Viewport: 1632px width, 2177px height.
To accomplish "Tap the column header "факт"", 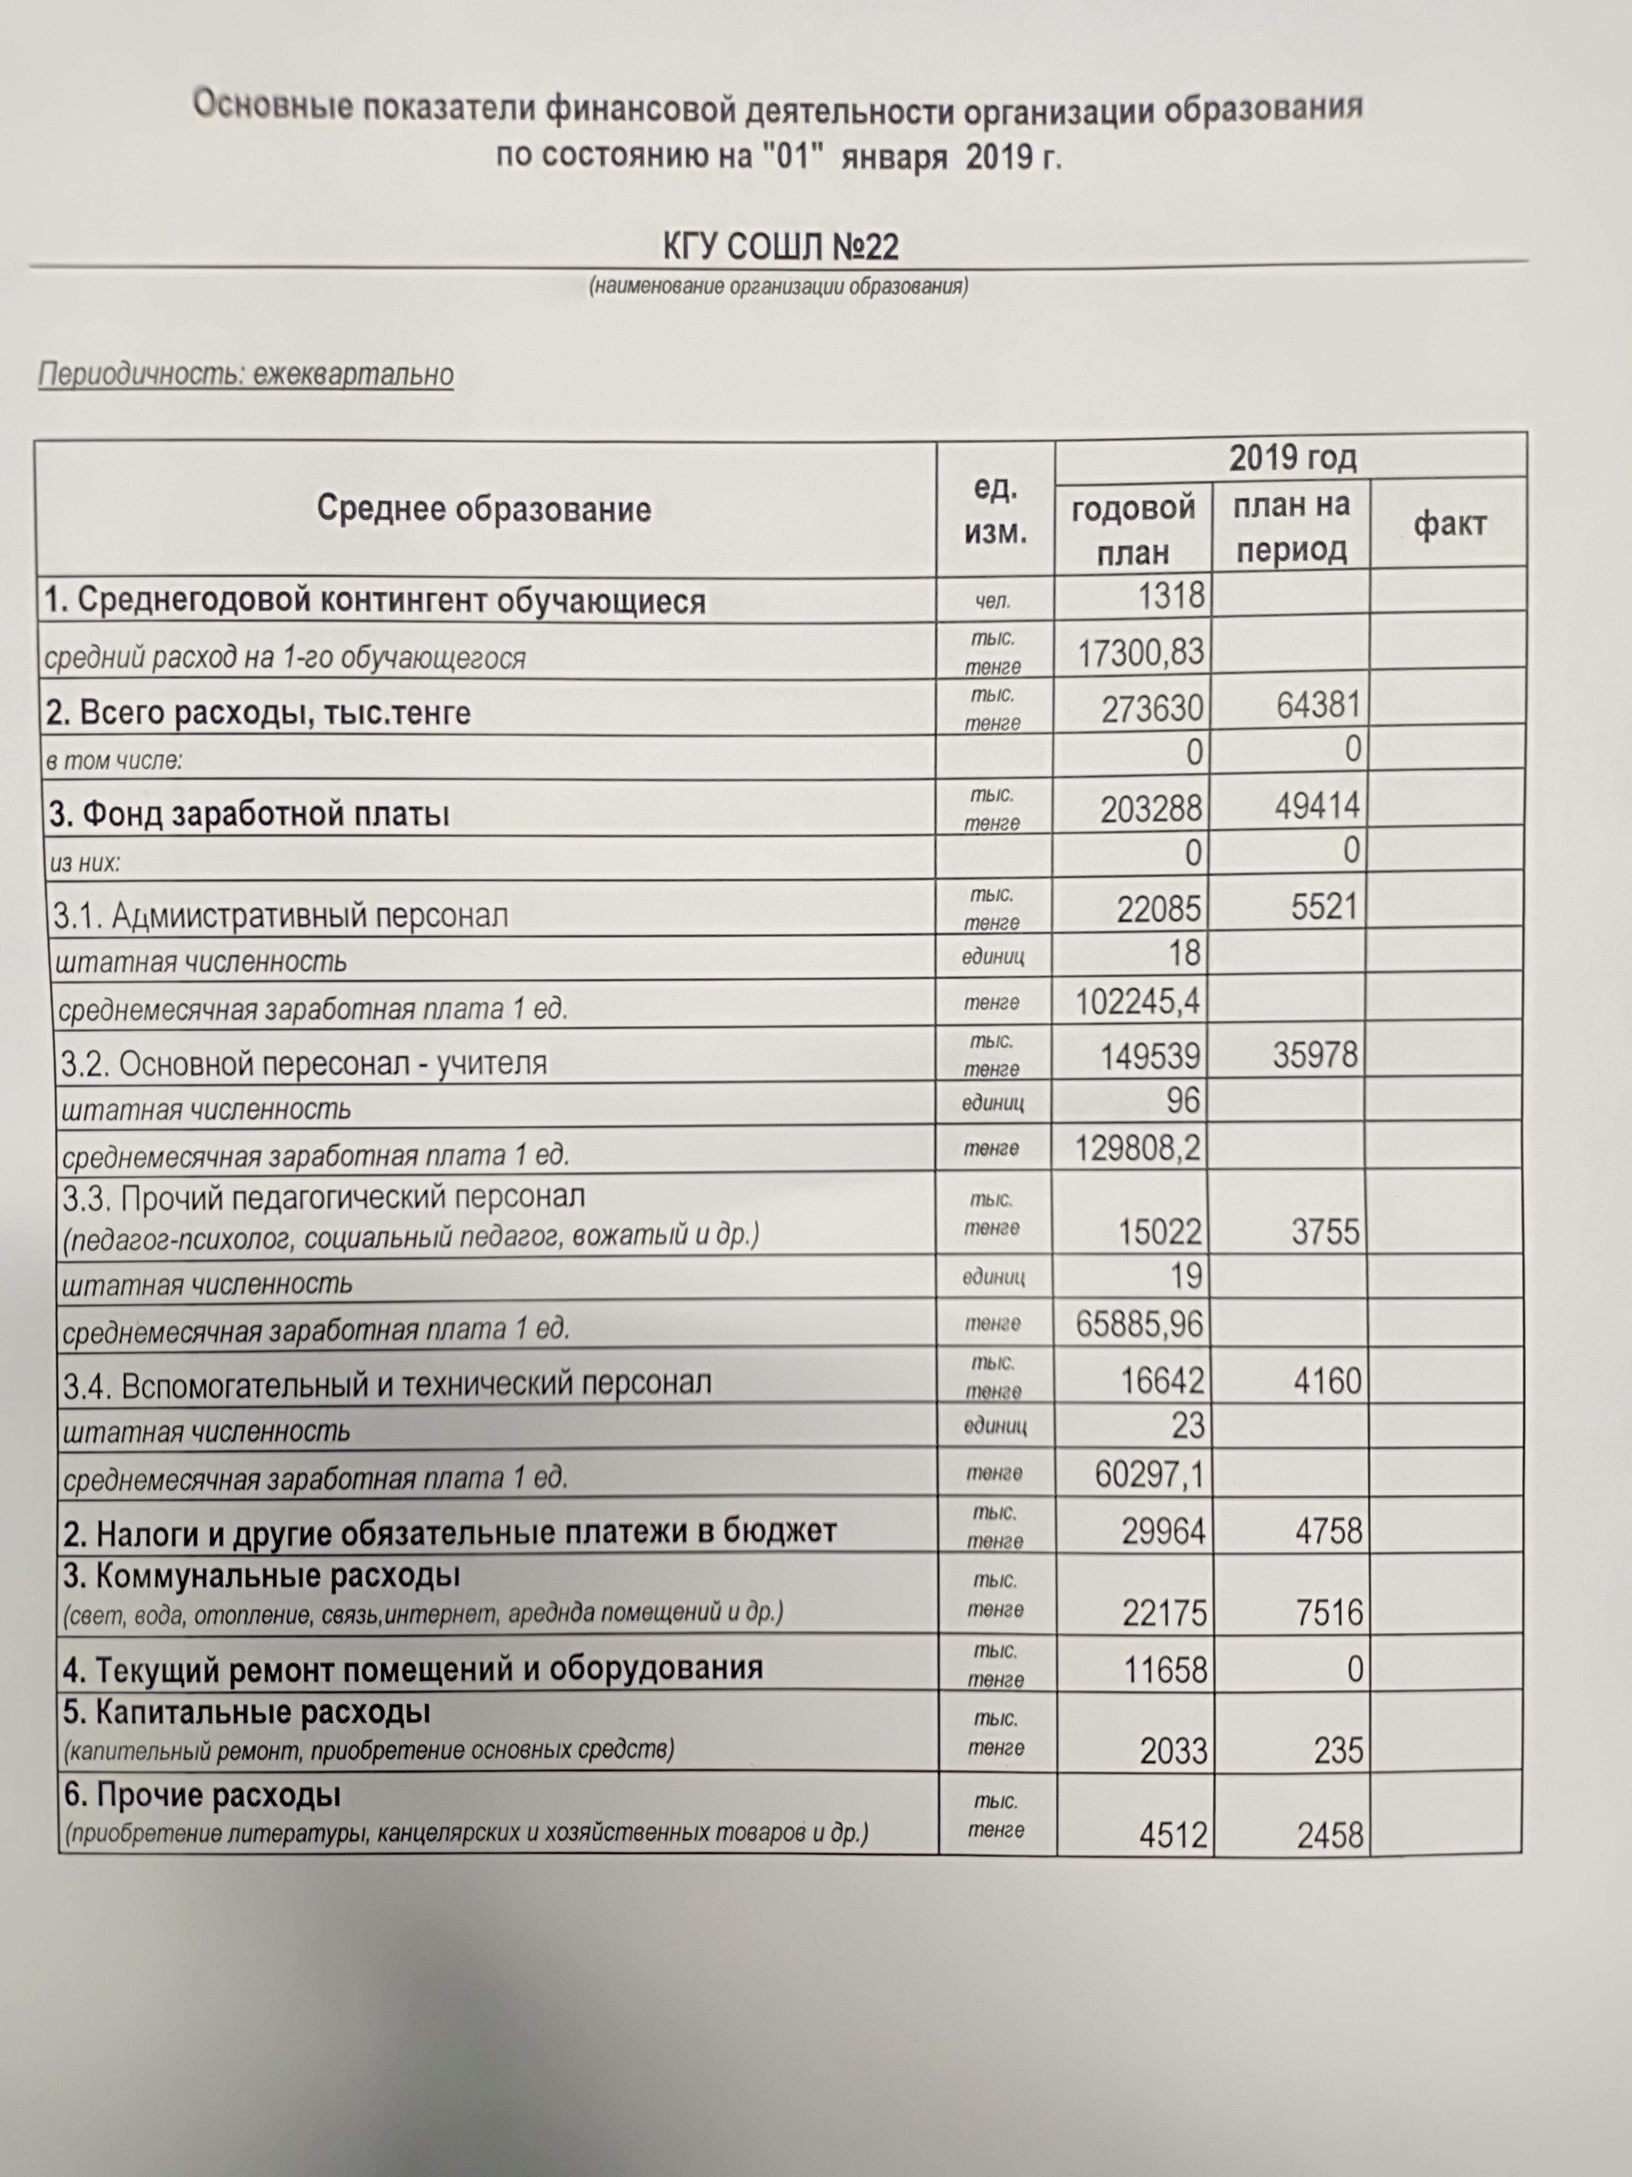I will coord(1449,524).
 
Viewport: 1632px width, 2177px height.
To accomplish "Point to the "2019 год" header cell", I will coord(1292,458).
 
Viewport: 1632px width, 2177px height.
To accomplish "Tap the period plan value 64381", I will coord(1318,705).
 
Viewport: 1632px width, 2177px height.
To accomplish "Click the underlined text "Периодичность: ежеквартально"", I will coord(246,375).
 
